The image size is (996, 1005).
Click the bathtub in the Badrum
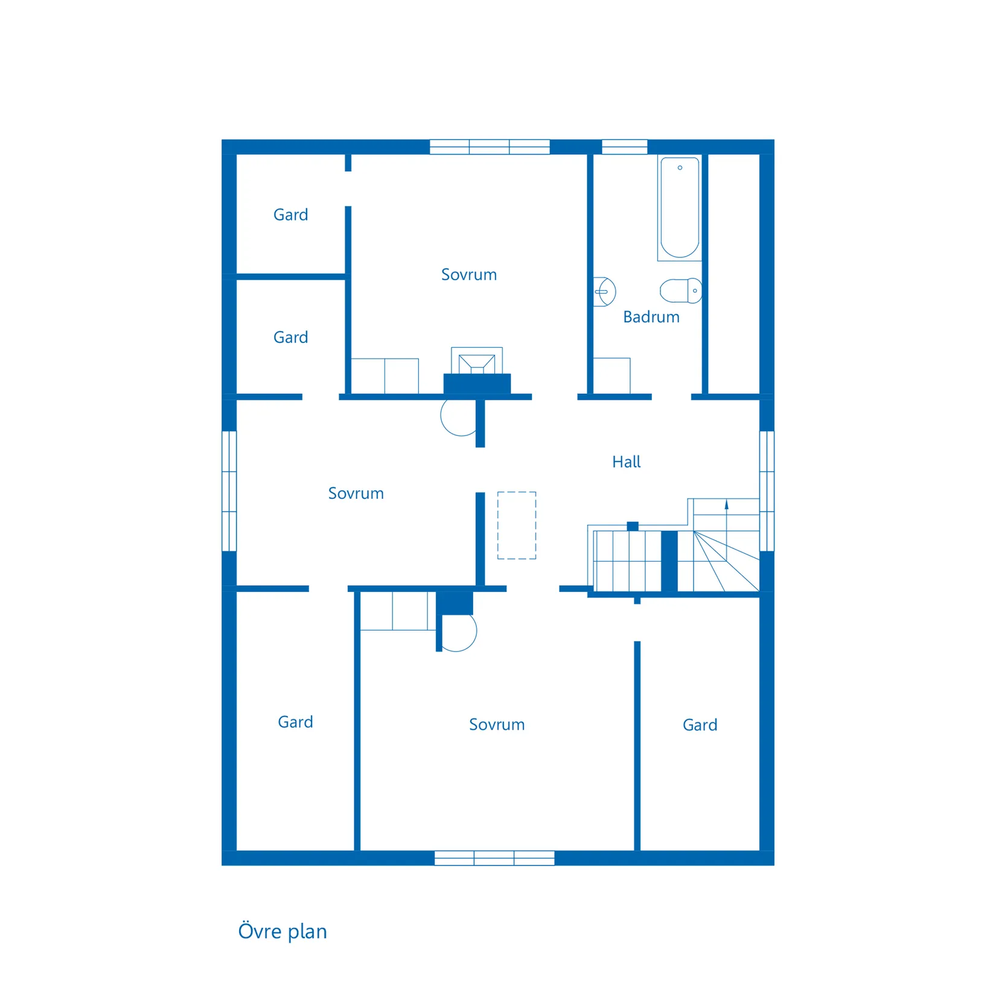pyautogui.click(x=680, y=208)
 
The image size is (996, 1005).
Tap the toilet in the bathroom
pyautogui.click(x=681, y=291)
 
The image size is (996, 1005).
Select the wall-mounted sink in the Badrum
pyautogui.click(x=604, y=292)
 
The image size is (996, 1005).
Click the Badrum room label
pyautogui.click(x=651, y=317)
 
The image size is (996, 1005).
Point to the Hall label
pyautogui.click(x=626, y=462)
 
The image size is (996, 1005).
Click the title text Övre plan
pyautogui.click(x=283, y=931)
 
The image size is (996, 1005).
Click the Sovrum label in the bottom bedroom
pyautogui.click(x=497, y=725)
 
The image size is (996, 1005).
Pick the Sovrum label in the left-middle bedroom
pyautogui.click(x=356, y=493)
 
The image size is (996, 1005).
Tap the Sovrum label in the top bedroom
pyautogui.click(x=469, y=275)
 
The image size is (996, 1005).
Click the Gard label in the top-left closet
pyautogui.click(x=290, y=215)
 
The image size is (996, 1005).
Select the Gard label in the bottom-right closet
pyautogui.click(x=700, y=725)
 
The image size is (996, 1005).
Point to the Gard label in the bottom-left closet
pyautogui.click(x=295, y=722)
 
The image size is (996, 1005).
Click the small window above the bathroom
pyautogui.click(x=625, y=147)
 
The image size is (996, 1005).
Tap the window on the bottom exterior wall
pyautogui.click(x=494, y=858)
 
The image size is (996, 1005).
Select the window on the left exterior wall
pyautogui.click(x=229, y=491)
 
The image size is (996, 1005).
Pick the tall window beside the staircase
pyautogui.click(x=767, y=491)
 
